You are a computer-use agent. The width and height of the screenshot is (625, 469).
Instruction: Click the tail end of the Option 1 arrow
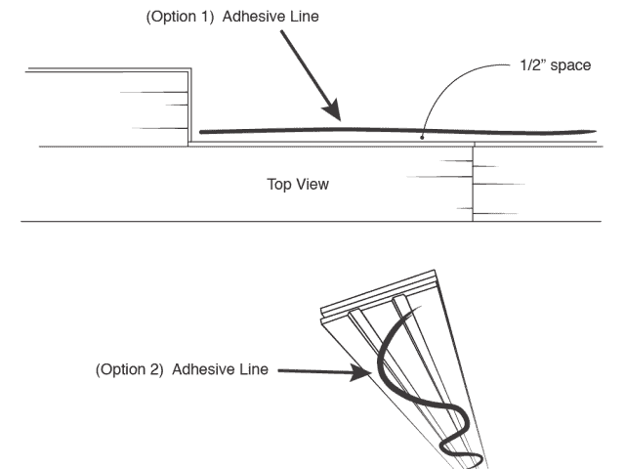point(283,32)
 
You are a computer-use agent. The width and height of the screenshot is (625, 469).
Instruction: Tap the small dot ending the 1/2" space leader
point(421,137)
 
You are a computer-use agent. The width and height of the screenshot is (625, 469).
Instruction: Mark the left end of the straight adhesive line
point(201,131)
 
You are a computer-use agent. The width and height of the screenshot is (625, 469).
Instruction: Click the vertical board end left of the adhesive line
point(188,107)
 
